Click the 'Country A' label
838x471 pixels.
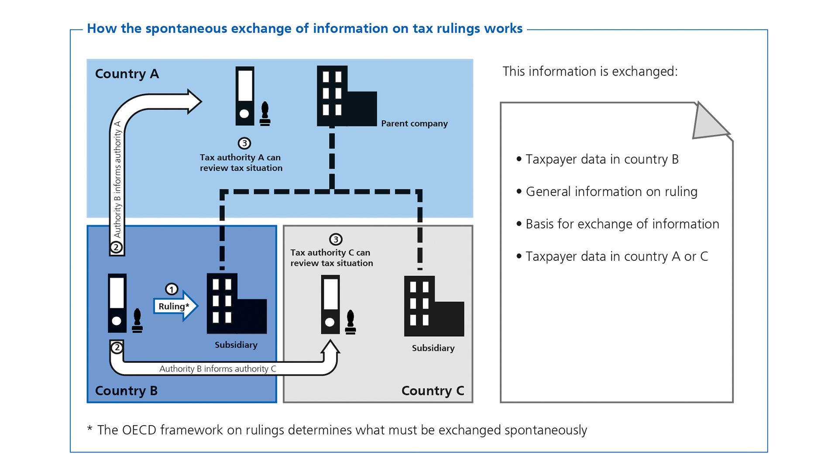tap(127, 74)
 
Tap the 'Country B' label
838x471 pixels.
tap(126, 390)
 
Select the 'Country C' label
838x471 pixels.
tap(432, 390)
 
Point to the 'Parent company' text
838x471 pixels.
tap(414, 123)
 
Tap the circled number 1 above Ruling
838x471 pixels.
tap(172, 289)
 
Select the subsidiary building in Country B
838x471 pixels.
tap(236, 304)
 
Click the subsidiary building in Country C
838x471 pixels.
tap(433, 306)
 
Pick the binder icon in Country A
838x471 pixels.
tap(245, 96)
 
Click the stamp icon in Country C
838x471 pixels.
tap(350, 322)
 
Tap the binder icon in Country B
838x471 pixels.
tap(117, 303)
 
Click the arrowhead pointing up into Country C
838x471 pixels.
tap(330, 347)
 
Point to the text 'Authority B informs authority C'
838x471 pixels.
tap(217, 369)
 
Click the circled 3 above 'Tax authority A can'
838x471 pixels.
tap(244, 143)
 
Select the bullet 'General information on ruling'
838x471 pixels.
tap(611, 191)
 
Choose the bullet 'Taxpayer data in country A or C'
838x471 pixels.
tap(616, 256)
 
